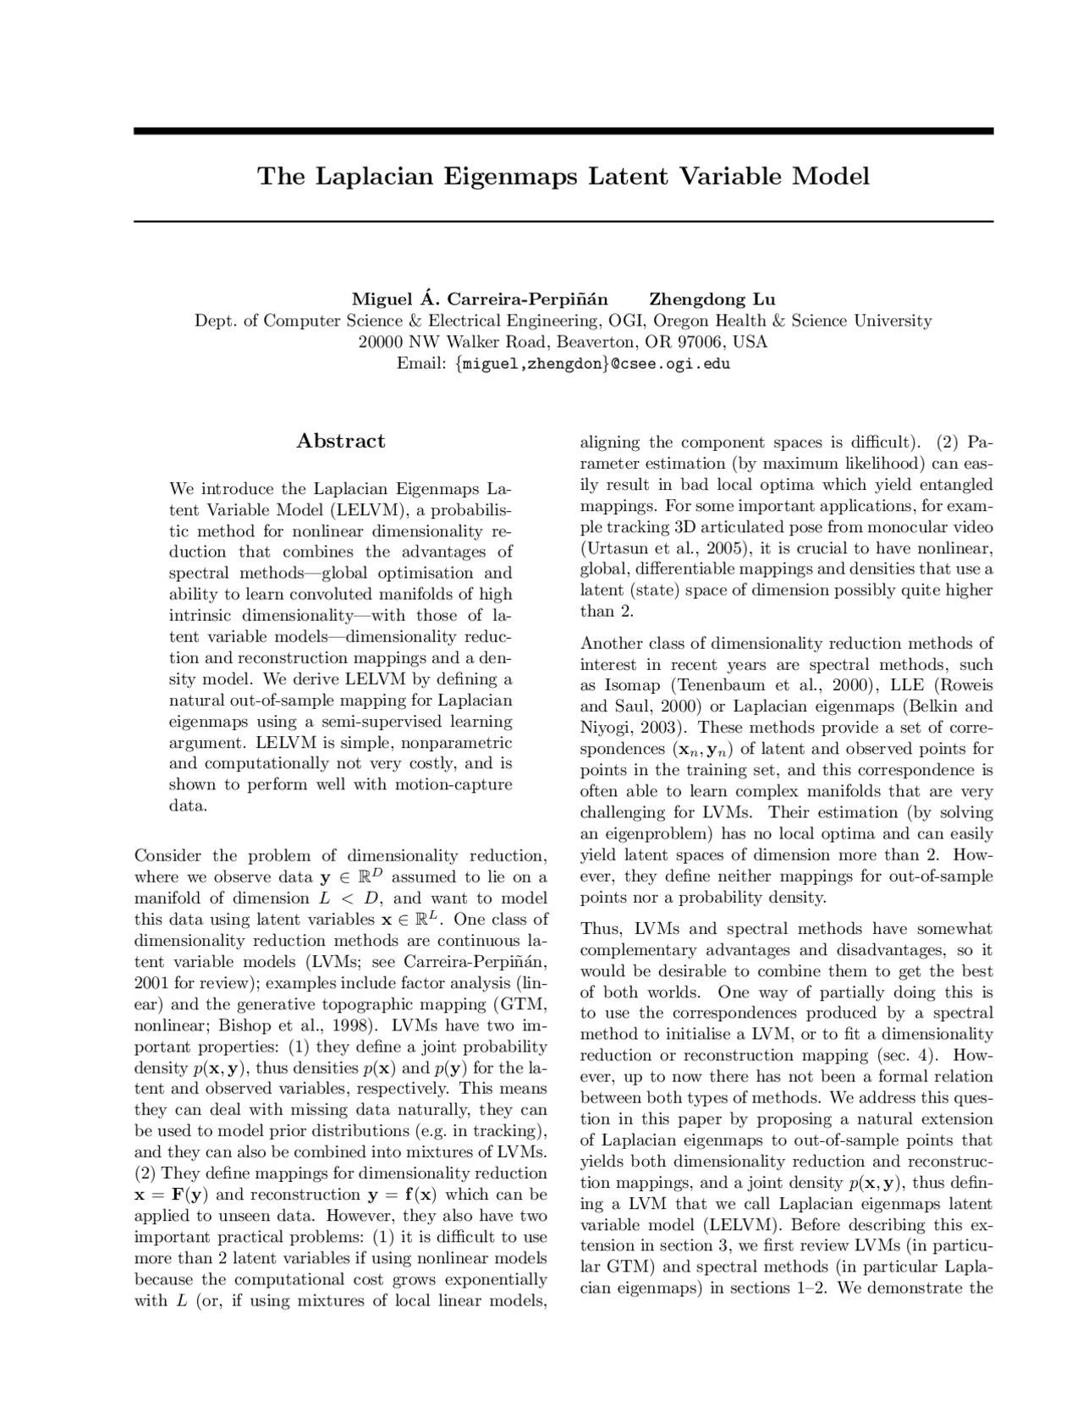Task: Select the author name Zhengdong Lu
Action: [712, 299]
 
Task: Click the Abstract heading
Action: [341, 441]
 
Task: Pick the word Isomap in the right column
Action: [633, 685]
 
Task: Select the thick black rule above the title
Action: [563, 131]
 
